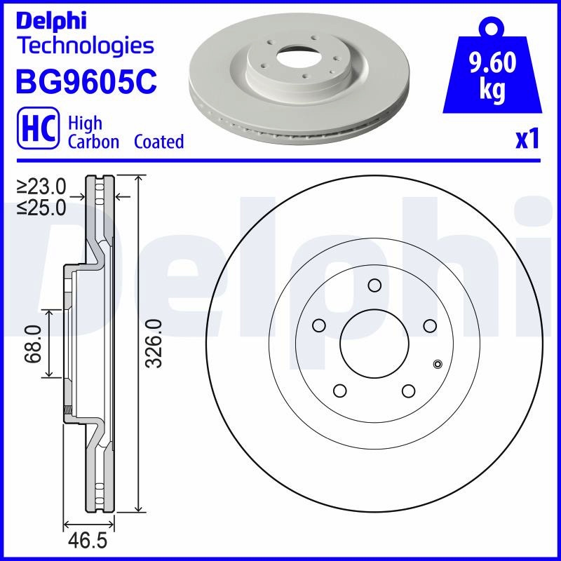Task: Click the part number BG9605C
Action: pos(86,81)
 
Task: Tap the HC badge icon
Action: pos(38,128)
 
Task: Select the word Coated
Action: pos(159,142)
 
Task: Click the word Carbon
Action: pos(93,142)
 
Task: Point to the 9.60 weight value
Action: pos(493,62)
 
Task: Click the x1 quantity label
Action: pos(527,139)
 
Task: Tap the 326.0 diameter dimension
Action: pos(155,344)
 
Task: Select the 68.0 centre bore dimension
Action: pos(32,344)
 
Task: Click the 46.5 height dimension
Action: pos(88,541)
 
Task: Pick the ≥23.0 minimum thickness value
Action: pos(42,187)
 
